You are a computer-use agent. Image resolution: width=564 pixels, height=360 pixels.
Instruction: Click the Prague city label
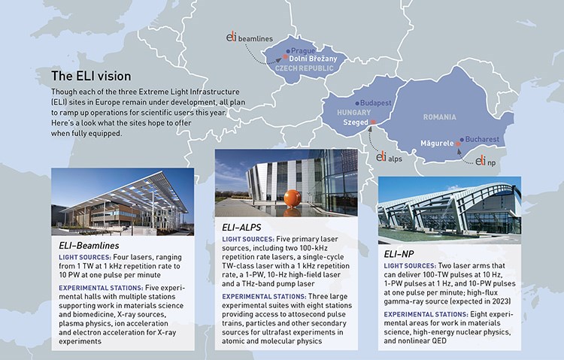point(303,51)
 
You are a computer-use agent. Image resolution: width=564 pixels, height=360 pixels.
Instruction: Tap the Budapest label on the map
point(375,103)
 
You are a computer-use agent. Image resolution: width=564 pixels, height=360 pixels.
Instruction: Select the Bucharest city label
point(482,139)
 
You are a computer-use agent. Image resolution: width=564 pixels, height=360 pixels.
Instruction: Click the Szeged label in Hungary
point(356,123)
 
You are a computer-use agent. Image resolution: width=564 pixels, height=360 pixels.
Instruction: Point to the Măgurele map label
point(437,143)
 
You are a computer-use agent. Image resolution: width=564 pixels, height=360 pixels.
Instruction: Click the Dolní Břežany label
point(313,59)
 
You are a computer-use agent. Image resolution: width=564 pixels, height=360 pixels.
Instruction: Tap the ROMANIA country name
point(440,117)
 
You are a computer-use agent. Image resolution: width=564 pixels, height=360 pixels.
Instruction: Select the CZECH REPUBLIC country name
point(304,68)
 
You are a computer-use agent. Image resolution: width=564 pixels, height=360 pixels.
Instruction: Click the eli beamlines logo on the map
point(249,38)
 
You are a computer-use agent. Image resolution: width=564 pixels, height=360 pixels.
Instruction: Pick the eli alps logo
point(389,157)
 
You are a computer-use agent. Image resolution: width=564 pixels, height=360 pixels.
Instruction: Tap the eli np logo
point(485,161)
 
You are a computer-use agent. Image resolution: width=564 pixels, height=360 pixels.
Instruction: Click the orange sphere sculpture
point(292,198)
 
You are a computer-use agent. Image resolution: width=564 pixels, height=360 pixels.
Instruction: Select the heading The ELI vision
point(91,76)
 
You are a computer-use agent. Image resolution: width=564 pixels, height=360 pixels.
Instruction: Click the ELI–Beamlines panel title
point(89,246)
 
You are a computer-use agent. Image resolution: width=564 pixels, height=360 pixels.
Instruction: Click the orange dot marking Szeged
point(373,123)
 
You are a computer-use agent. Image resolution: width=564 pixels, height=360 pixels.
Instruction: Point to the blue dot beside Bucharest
point(462,140)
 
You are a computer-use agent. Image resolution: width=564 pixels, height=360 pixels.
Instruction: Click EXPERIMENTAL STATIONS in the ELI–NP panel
point(426,314)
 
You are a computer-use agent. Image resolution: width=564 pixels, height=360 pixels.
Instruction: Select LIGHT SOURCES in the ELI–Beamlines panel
point(85,258)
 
